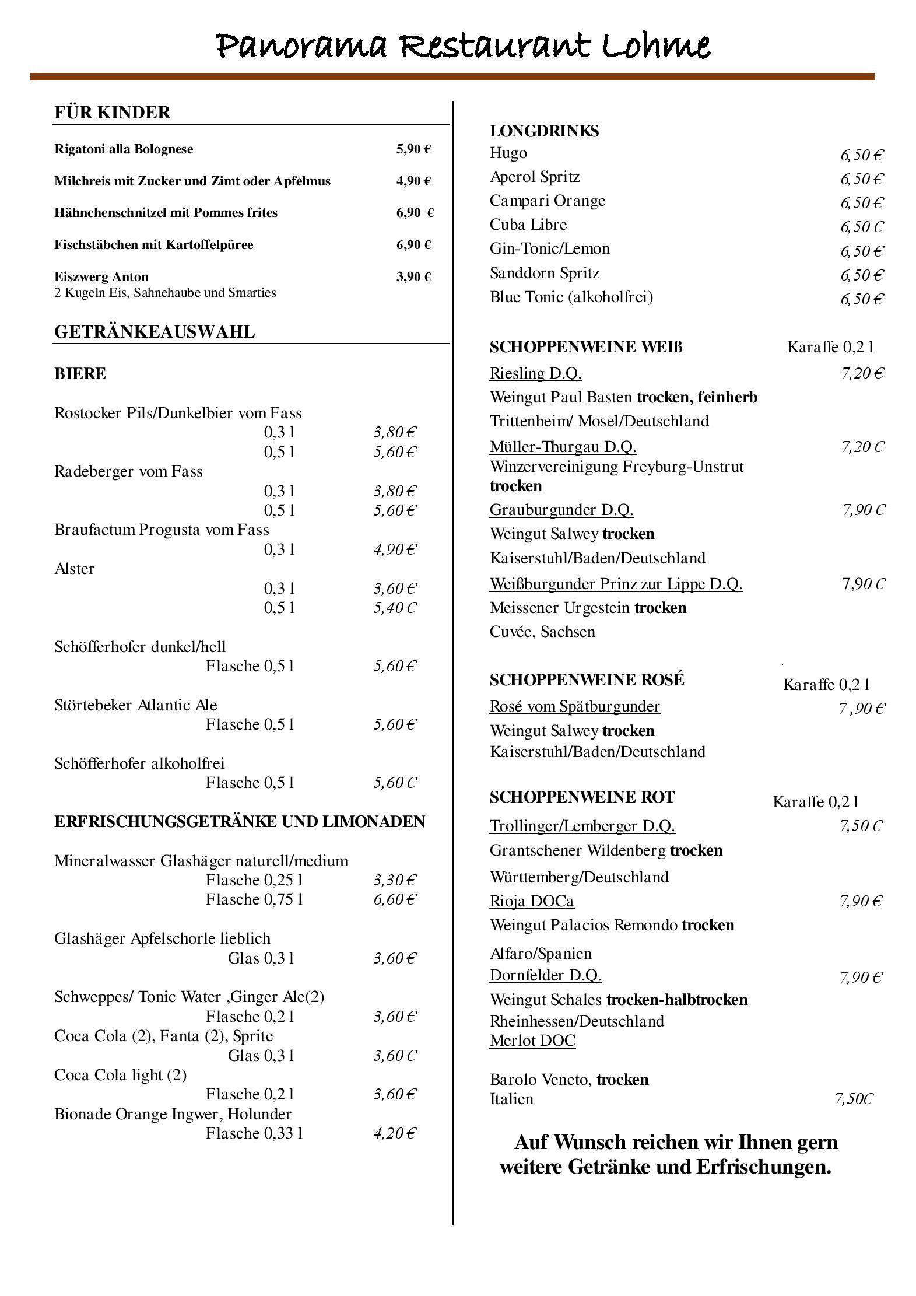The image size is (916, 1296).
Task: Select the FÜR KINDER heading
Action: pos(112,112)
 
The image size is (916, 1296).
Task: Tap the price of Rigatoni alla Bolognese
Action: pos(413,149)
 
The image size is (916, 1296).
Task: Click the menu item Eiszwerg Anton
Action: pos(101,276)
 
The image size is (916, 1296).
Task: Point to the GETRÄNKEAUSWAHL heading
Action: pos(155,332)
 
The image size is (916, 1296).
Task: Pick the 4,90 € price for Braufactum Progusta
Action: pos(395,549)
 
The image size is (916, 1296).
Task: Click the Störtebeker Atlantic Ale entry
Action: pos(135,705)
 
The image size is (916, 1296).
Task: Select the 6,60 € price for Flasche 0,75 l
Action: pos(395,899)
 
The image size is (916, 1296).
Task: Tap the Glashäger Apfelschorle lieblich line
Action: pos(162,938)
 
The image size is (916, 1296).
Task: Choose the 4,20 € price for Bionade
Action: pos(395,1133)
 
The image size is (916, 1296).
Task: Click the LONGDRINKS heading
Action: pos(544,131)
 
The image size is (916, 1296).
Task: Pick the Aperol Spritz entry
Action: pos(535,177)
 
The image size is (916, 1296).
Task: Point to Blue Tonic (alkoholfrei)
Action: pos(571,297)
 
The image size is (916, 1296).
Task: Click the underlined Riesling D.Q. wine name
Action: pos(535,373)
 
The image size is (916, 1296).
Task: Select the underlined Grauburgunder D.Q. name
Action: pos(561,510)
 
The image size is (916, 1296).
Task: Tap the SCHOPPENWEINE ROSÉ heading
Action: pos(587,680)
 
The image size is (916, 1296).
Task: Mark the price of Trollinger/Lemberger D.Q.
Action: pos(861,826)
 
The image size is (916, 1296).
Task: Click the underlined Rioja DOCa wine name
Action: pos(531,901)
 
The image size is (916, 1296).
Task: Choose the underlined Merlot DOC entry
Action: pos(532,1041)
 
